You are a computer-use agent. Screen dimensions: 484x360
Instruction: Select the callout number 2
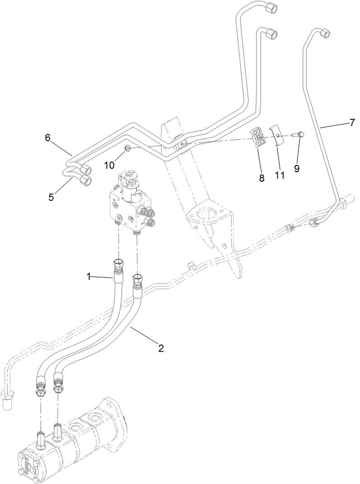[160, 348]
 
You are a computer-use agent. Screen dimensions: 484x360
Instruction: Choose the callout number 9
[297, 168]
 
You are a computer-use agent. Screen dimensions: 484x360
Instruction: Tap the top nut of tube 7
[326, 34]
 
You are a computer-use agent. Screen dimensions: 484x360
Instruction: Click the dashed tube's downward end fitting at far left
[8, 400]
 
